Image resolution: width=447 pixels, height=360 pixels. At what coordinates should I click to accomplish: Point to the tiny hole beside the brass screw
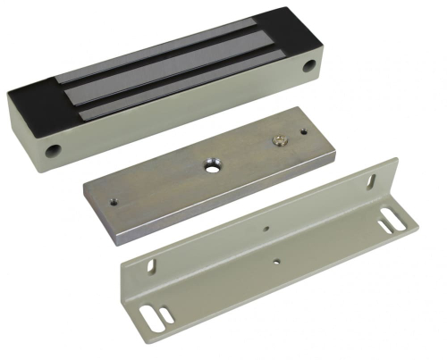(302, 133)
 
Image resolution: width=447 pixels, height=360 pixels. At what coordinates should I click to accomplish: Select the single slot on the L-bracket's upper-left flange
(150, 265)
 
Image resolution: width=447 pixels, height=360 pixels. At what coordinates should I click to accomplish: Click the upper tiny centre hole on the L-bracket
(269, 229)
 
